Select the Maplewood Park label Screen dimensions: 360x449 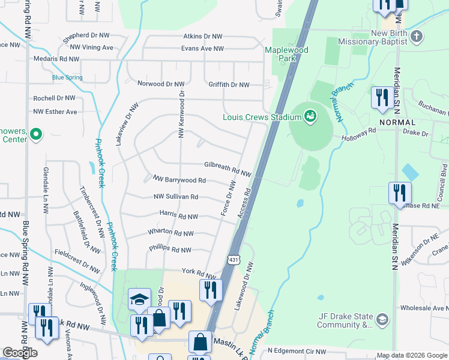pyautogui.click(x=287, y=55)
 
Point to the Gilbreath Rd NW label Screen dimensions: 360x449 pyautogui.click(x=228, y=169)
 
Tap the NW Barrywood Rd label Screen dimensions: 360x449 pyautogui.click(x=179, y=179)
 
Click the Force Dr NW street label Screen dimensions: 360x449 pyautogui.click(x=227, y=200)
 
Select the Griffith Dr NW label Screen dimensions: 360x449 pyautogui.click(x=228, y=85)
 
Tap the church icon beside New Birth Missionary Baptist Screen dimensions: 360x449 pyautogui.click(x=417, y=37)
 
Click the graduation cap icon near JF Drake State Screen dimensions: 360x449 pyautogui.click(x=382, y=318)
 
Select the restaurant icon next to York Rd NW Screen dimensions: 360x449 pyautogui.click(x=211, y=290)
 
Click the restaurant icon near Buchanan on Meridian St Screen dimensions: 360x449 pyautogui.click(x=382, y=97)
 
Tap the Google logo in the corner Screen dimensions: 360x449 pyautogui.click(x=20, y=353)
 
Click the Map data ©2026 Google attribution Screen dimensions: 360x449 pyautogui.click(x=411, y=355)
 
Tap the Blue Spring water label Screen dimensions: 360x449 pyautogui.click(x=67, y=77)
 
